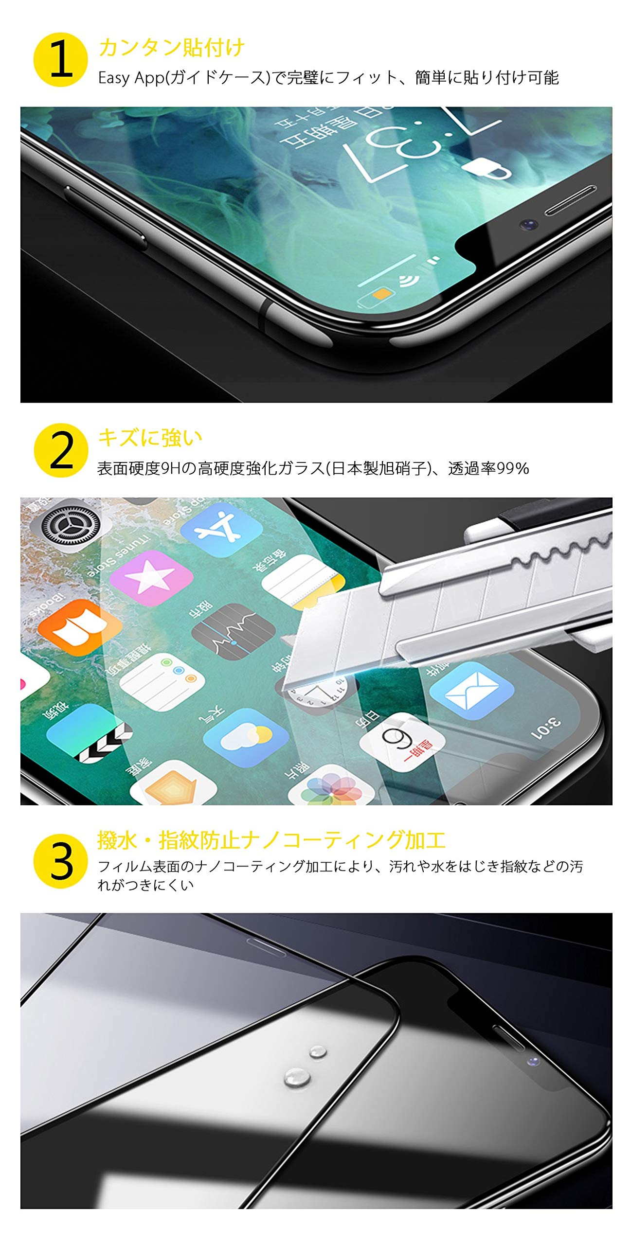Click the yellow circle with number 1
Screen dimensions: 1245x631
coord(60,60)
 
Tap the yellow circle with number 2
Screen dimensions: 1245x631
coord(61,450)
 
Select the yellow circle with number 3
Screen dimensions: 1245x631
coord(61,861)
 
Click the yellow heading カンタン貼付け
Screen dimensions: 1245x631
coord(171,47)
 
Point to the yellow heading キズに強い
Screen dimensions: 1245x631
coord(150,438)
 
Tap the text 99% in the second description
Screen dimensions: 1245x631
coord(513,468)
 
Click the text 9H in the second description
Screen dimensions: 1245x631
coord(170,468)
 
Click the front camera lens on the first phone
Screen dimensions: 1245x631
coord(528,225)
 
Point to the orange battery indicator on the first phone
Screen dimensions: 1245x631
coord(381,293)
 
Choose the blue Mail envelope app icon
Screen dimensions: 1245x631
coord(471,690)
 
